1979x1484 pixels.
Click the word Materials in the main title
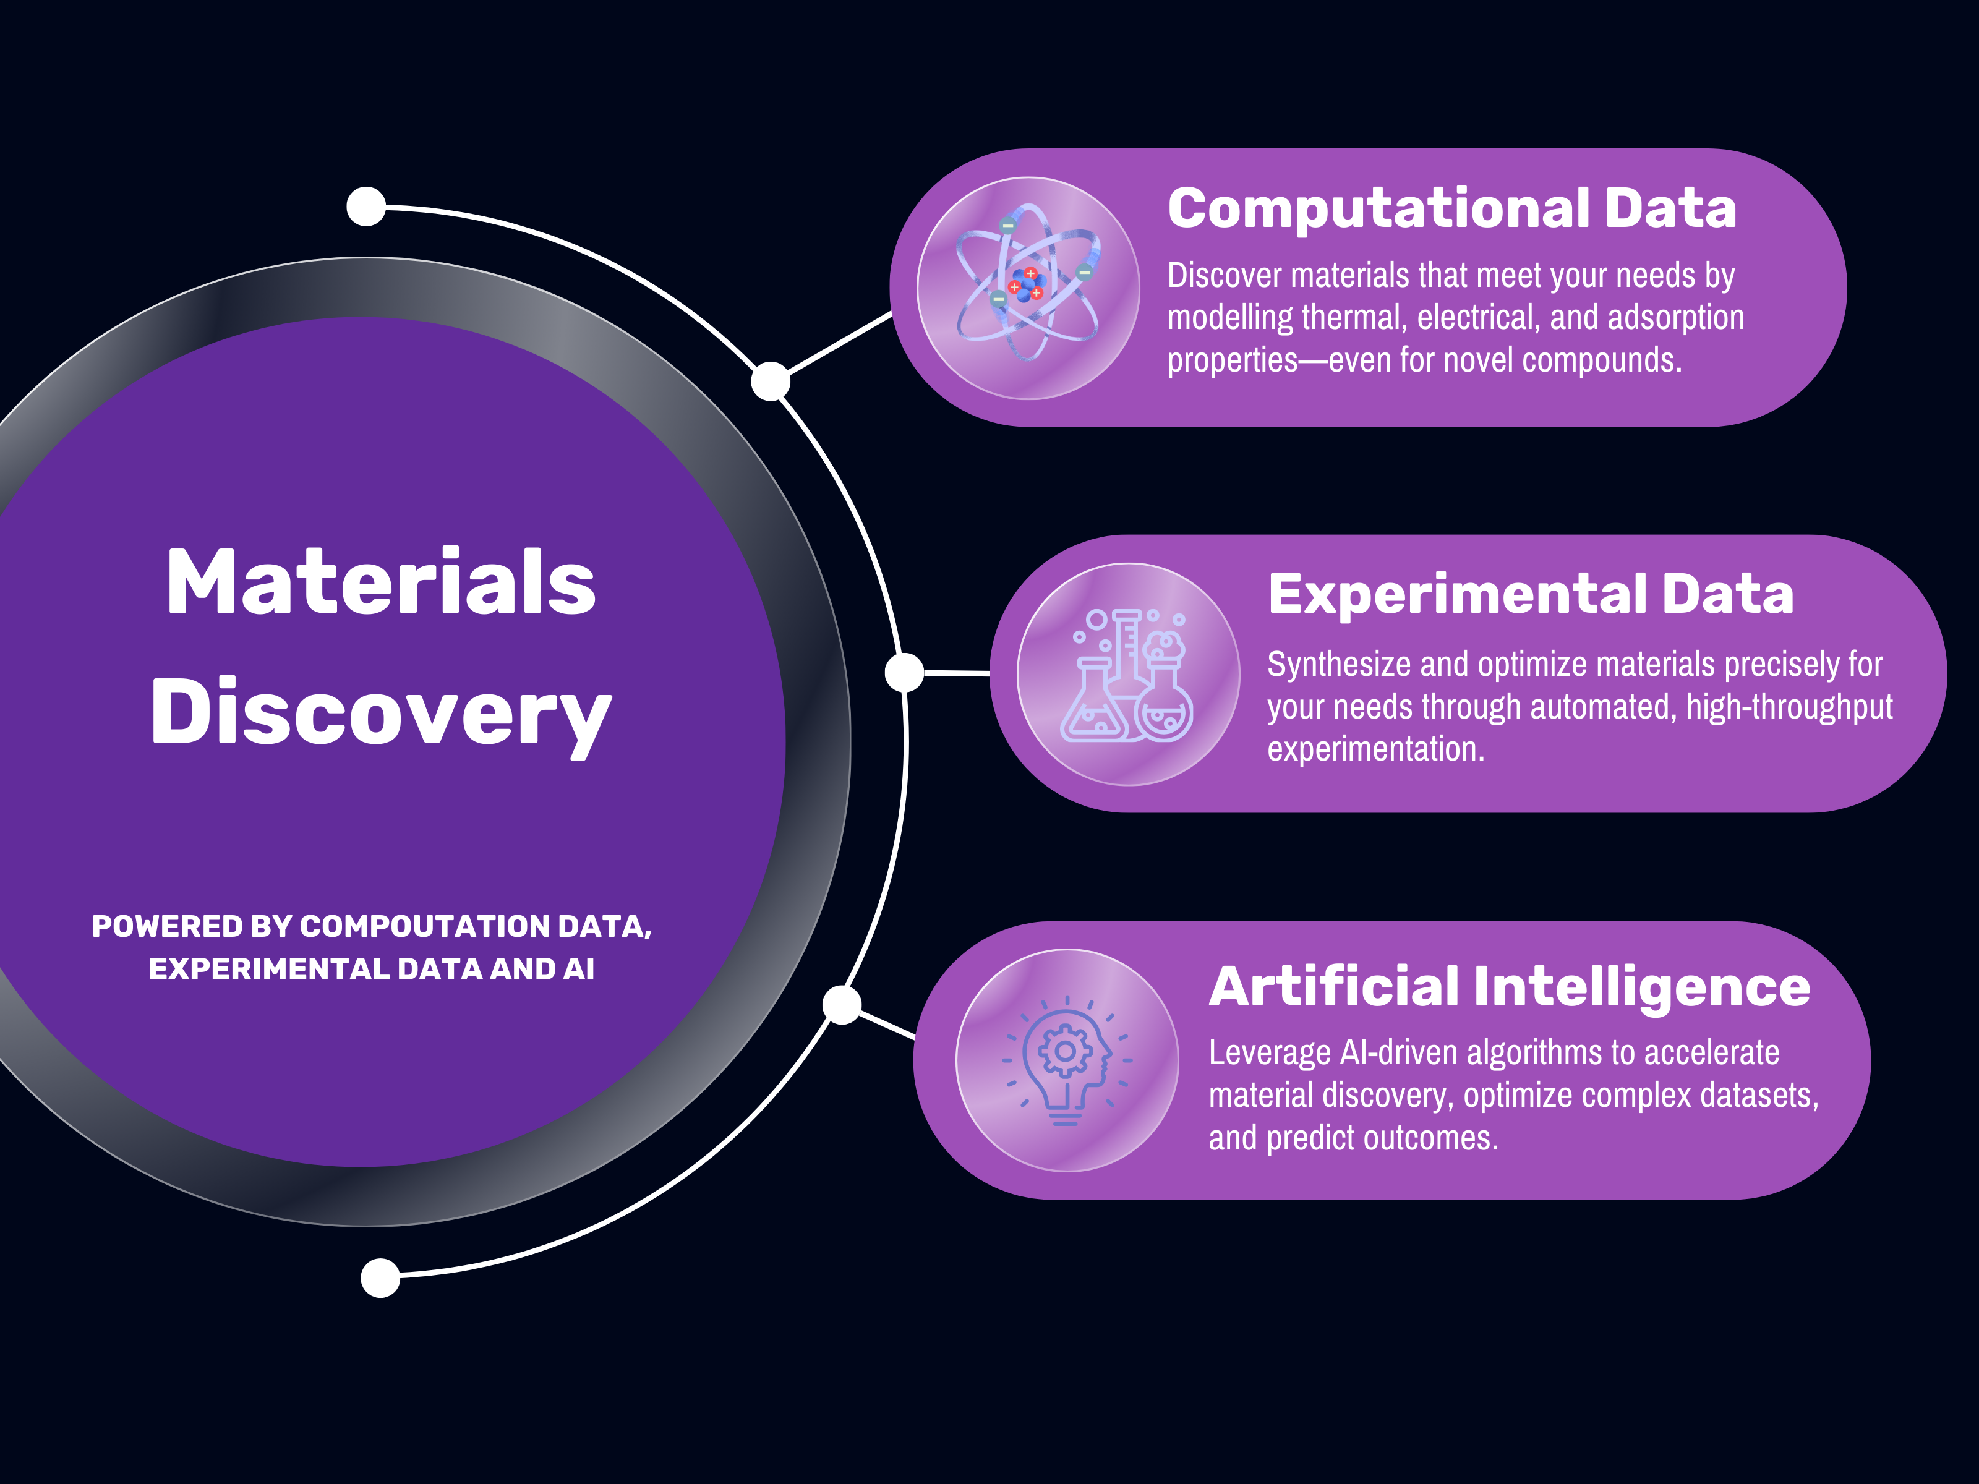click(381, 583)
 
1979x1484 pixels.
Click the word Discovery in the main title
click(381, 712)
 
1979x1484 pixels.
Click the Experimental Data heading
click(1530, 594)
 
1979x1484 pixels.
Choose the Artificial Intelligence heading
click(1510, 987)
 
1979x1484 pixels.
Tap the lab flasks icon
click(1127, 675)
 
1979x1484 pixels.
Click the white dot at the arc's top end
click(366, 207)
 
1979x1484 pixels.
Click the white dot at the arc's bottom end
click(380, 1277)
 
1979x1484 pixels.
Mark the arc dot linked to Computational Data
click(771, 382)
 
